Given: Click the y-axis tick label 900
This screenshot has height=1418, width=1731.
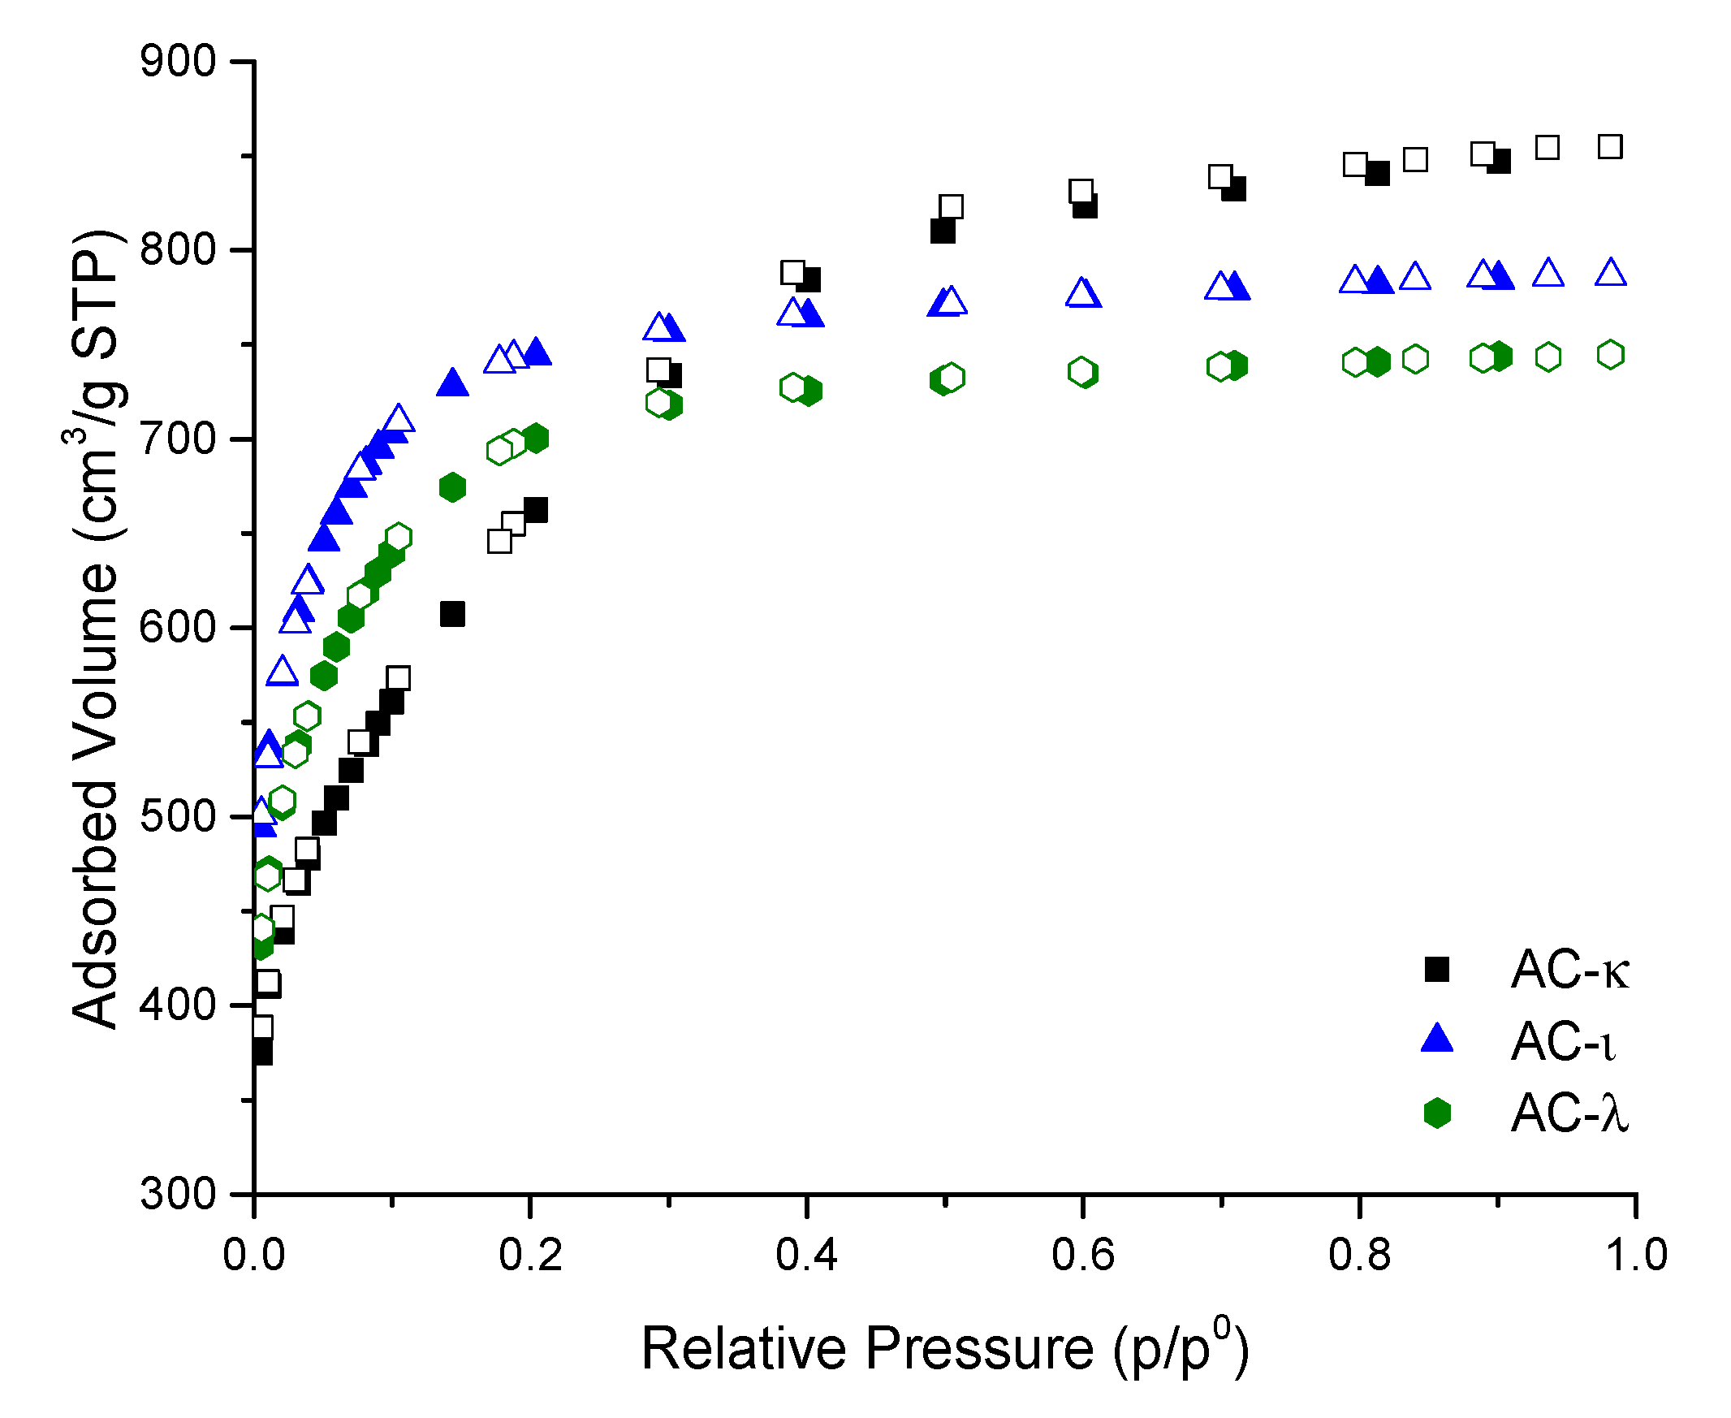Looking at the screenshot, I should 177,62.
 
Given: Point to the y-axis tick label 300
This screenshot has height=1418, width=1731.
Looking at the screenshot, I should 177,1194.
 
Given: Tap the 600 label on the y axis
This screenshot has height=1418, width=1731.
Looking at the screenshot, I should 177,628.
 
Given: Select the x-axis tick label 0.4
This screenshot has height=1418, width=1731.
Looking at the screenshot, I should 806,1255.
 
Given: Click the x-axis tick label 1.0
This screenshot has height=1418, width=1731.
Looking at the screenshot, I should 1635,1255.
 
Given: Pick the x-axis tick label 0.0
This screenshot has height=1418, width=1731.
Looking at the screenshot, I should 254,1255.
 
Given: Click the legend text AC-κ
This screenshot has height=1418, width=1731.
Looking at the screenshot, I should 1569,971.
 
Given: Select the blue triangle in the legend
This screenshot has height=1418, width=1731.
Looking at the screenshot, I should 1436,1039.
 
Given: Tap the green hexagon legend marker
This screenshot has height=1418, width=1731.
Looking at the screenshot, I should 1436,1113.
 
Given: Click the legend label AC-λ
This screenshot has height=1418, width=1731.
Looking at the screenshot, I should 1569,1113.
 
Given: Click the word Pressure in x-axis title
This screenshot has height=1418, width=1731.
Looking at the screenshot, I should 978,1349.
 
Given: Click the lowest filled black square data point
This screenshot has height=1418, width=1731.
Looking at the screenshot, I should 261,1053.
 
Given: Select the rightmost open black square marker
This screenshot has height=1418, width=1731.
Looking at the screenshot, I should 1609,147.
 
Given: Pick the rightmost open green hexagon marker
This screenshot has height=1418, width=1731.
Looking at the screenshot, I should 1610,354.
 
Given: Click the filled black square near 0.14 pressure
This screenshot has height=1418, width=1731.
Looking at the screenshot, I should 452,614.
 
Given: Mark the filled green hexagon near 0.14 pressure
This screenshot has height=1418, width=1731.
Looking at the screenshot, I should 452,487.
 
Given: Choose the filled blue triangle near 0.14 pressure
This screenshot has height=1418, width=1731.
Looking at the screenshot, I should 452,383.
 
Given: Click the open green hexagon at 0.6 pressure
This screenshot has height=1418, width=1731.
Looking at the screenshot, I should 1081,373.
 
